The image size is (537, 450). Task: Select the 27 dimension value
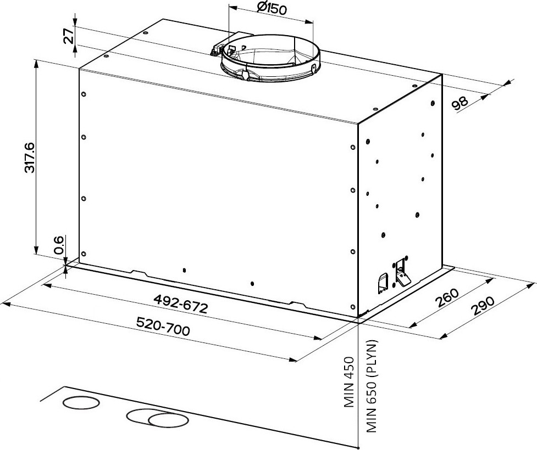point(69,35)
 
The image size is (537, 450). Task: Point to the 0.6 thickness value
point(59,245)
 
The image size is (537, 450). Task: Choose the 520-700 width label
point(163,326)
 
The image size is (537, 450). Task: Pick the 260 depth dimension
point(447,298)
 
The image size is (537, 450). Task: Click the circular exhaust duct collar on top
point(270,58)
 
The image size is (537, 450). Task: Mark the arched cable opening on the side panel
point(383,283)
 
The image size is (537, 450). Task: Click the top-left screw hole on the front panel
point(84,94)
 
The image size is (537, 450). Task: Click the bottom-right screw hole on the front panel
point(353,306)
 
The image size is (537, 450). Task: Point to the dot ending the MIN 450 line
point(358,448)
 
